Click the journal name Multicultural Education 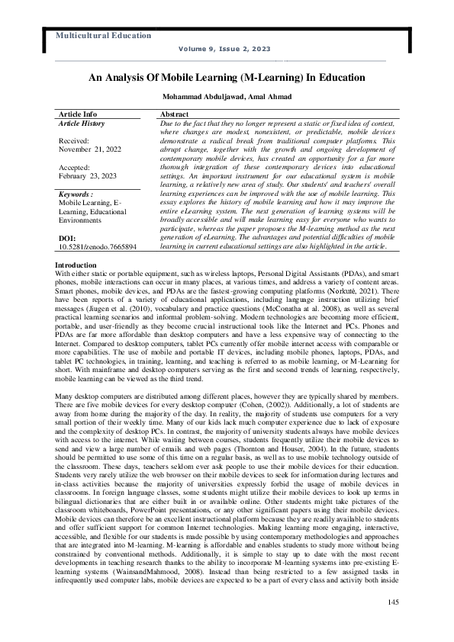click(103, 36)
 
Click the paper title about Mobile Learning click(227, 77)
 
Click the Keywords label click(76, 194)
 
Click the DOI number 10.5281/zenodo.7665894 click(98, 246)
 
